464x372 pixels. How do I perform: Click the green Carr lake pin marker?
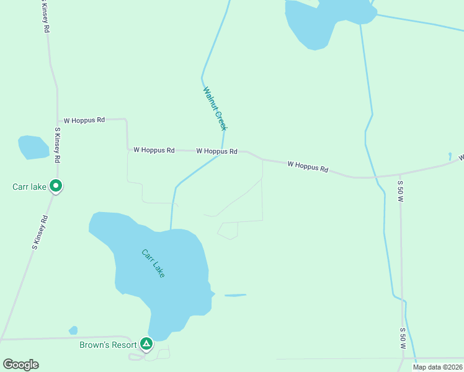pos(56,185)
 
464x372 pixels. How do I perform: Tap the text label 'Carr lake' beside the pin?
pos(30,187)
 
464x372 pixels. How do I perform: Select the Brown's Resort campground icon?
pos(146,343)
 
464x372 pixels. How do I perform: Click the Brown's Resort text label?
pos(107,345)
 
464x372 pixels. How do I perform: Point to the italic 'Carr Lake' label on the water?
pos(153,263)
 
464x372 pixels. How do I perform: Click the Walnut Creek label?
pos(215,108)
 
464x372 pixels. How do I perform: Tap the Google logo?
pos(20,365)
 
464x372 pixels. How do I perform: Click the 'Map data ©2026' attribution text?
pos(437,367)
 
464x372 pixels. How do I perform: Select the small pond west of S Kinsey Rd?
pos(33,147)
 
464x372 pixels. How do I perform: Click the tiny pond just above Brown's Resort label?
pos(73,330)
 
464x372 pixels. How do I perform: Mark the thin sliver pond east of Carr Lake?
pos(235,295)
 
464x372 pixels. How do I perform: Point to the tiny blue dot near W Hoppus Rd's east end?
pos(450,155)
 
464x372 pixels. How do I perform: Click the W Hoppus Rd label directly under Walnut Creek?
pos(217,151)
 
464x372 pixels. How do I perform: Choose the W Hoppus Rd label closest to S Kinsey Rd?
pos(84,120)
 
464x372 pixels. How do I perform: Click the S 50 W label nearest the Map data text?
pos(403,339)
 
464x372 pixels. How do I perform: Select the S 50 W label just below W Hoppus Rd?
pos(401,192)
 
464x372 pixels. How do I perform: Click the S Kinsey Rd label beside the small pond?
pos(57,145)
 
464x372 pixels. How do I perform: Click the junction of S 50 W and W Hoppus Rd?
pos(401,175)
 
